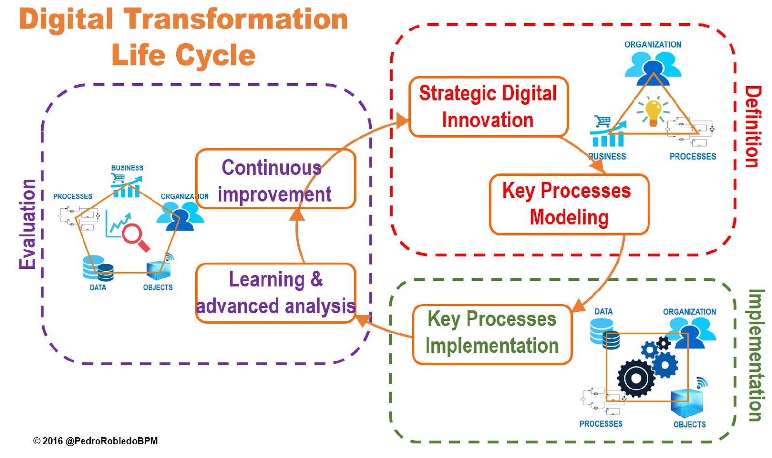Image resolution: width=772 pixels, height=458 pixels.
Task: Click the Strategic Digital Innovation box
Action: (x=488, y=107)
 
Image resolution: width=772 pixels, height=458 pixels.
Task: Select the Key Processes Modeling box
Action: (x=569, y=204)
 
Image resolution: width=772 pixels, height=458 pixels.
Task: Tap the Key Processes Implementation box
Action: (x=492, y=334)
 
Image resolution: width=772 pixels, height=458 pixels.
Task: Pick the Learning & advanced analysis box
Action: (x=276, y=293)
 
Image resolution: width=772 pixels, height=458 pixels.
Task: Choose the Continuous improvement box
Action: (x=276, y=179)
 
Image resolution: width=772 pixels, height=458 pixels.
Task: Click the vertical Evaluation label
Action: (x=27, y=224)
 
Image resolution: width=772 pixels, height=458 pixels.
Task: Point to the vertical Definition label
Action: (x=753, y=127)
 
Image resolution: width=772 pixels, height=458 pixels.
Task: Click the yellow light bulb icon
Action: (x=653, y=112)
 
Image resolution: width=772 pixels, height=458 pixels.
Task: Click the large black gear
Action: (x=636, y=378)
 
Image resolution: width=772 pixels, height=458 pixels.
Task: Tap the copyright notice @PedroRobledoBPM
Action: (x=96, y=441)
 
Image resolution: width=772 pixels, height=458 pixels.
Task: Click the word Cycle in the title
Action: (x=215, y=55)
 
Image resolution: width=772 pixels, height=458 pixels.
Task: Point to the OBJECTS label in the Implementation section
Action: (x=689, y=424)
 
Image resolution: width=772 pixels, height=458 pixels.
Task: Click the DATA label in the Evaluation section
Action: (x=98, y=287)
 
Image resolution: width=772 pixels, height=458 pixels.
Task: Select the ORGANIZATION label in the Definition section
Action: (x=653, y=44)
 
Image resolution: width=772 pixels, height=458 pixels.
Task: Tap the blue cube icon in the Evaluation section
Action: (x=159, y=270)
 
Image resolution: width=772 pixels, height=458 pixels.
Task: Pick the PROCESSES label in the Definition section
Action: (x=693, y=156)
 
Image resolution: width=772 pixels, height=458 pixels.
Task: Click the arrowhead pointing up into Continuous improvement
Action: (x=297, y=214)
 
